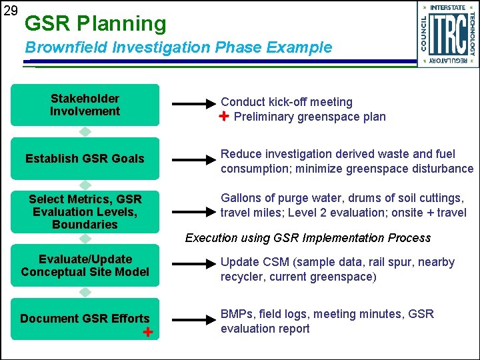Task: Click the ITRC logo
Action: point(448,34)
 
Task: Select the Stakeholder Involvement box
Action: point(85,105)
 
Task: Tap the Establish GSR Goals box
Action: point(85,159)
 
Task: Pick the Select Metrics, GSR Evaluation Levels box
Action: point(85,211)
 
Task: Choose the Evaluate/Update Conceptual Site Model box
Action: point(85,265)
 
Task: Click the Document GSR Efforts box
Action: point(85,319)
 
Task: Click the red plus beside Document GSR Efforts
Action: point(148,332)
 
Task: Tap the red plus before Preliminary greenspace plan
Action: point(225,117)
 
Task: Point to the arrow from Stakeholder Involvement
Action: point(195,105)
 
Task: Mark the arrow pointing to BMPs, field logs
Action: point(195,319)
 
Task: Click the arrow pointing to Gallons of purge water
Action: point(195,211)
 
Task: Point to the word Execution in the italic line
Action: point(210,238)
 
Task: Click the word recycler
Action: point(242,276)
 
